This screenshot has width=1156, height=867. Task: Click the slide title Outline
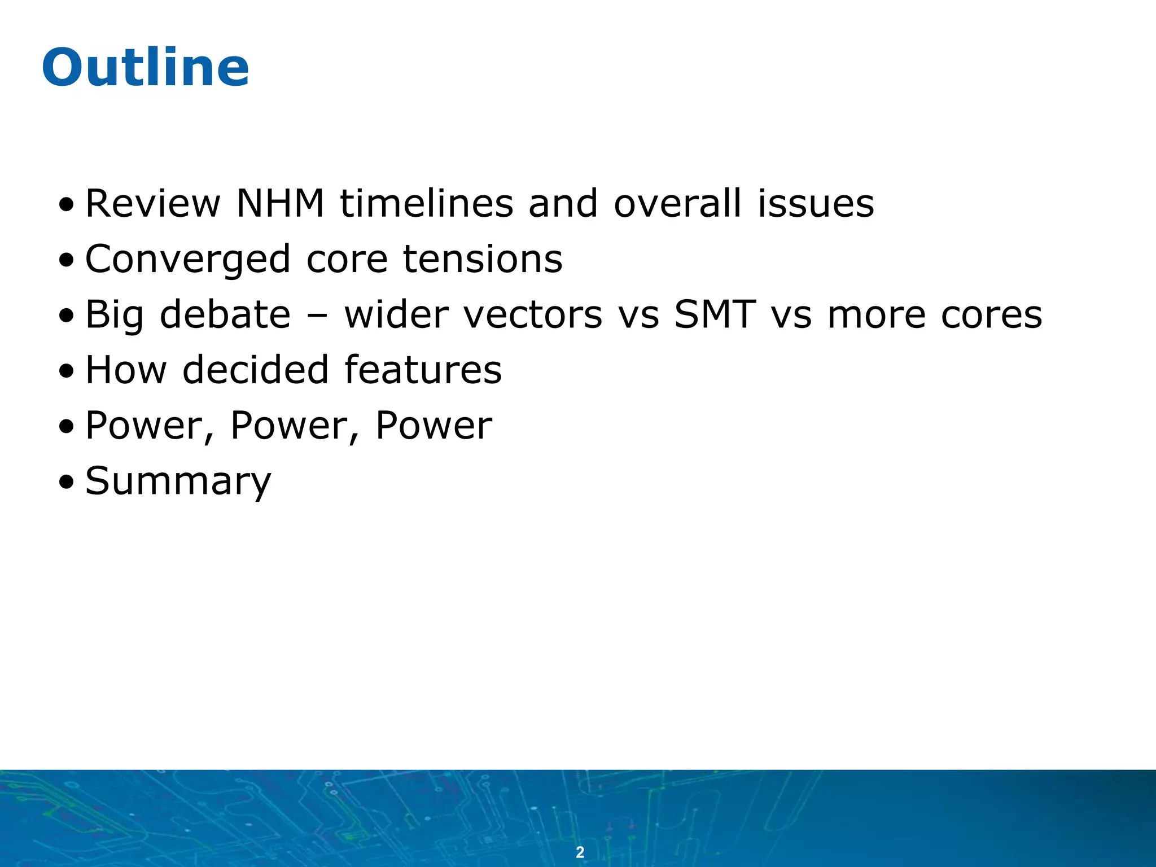coord(145,68)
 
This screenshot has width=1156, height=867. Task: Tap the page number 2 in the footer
coord(580,852)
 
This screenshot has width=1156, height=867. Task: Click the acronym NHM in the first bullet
coord(280,203)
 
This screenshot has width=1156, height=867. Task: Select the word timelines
coord(426,203)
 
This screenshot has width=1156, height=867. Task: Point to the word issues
coord(816,203)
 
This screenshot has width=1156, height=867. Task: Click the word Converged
coord(188,260)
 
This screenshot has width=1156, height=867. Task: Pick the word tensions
coord(483,259)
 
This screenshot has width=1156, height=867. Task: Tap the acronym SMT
coord(715,314)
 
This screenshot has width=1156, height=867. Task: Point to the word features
coord(423,370)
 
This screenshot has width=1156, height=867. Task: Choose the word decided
coord(255,370)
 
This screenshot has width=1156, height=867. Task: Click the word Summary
coord(178,482)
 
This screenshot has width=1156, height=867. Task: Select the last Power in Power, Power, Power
coord(433,425)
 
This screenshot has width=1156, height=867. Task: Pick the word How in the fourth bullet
coord(126,370)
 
